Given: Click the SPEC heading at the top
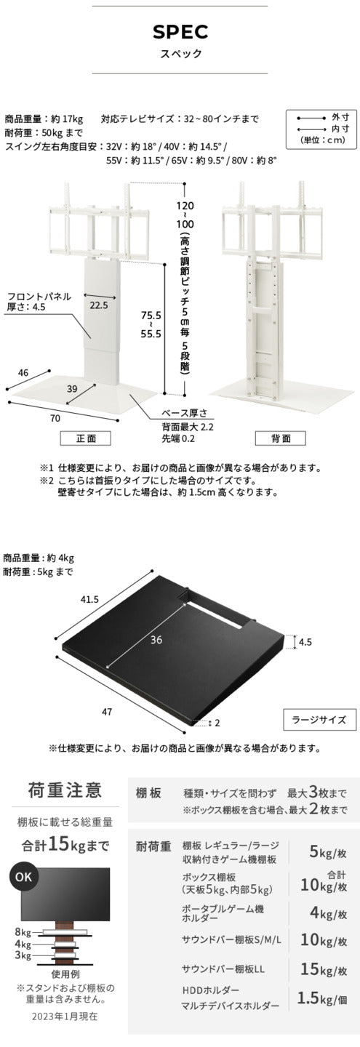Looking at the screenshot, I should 180,31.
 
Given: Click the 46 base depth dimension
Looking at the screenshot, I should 23,372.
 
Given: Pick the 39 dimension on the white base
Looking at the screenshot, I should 72,390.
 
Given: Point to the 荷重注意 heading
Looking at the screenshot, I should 65,790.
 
